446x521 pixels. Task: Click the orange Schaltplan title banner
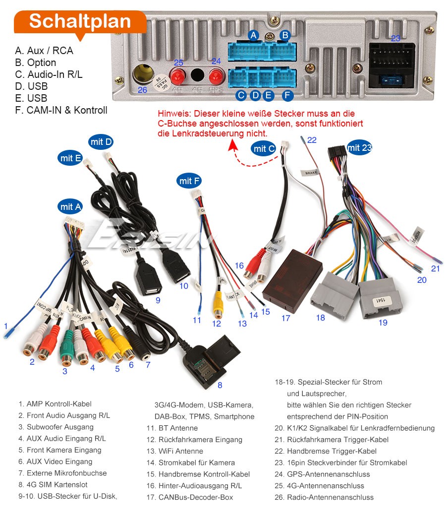click(80, 21)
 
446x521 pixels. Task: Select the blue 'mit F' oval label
click(189, 181)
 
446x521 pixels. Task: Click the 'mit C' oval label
click(264, 148)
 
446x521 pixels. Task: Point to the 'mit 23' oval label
click(359, 147)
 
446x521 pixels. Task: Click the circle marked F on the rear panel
click(287, 95)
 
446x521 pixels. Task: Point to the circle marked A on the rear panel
click(254, 35)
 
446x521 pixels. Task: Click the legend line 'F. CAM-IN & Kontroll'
click(61, 110)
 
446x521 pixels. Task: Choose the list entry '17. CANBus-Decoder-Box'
click(195, 497)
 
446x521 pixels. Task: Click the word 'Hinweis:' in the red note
click(174, 114)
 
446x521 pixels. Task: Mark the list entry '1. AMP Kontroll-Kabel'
click(55, 404)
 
